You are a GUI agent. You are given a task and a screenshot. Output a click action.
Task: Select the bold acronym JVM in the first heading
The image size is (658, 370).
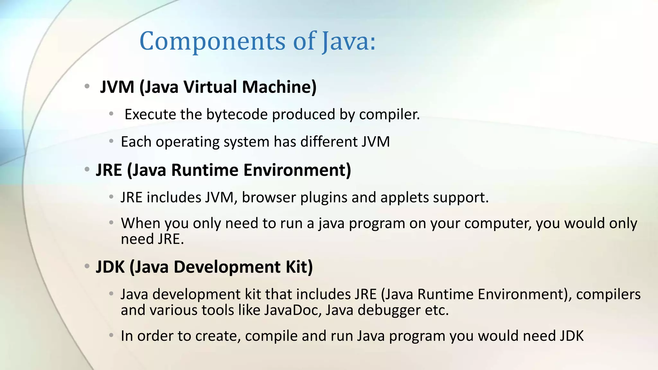point(117,87)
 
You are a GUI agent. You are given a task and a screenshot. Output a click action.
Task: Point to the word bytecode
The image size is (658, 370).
point(237,114)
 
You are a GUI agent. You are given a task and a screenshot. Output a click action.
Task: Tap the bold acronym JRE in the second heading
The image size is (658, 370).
point(109,170)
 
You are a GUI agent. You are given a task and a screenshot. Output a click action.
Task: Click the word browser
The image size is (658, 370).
point(269,197)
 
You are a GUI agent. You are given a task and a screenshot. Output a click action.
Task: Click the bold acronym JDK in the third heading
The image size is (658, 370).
point(110,267)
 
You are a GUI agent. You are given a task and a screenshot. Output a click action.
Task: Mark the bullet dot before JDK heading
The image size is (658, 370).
point(87,266)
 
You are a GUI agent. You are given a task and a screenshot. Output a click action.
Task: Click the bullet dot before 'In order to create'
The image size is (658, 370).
point(111,336)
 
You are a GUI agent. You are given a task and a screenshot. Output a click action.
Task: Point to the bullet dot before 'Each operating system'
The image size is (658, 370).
point(111,141)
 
